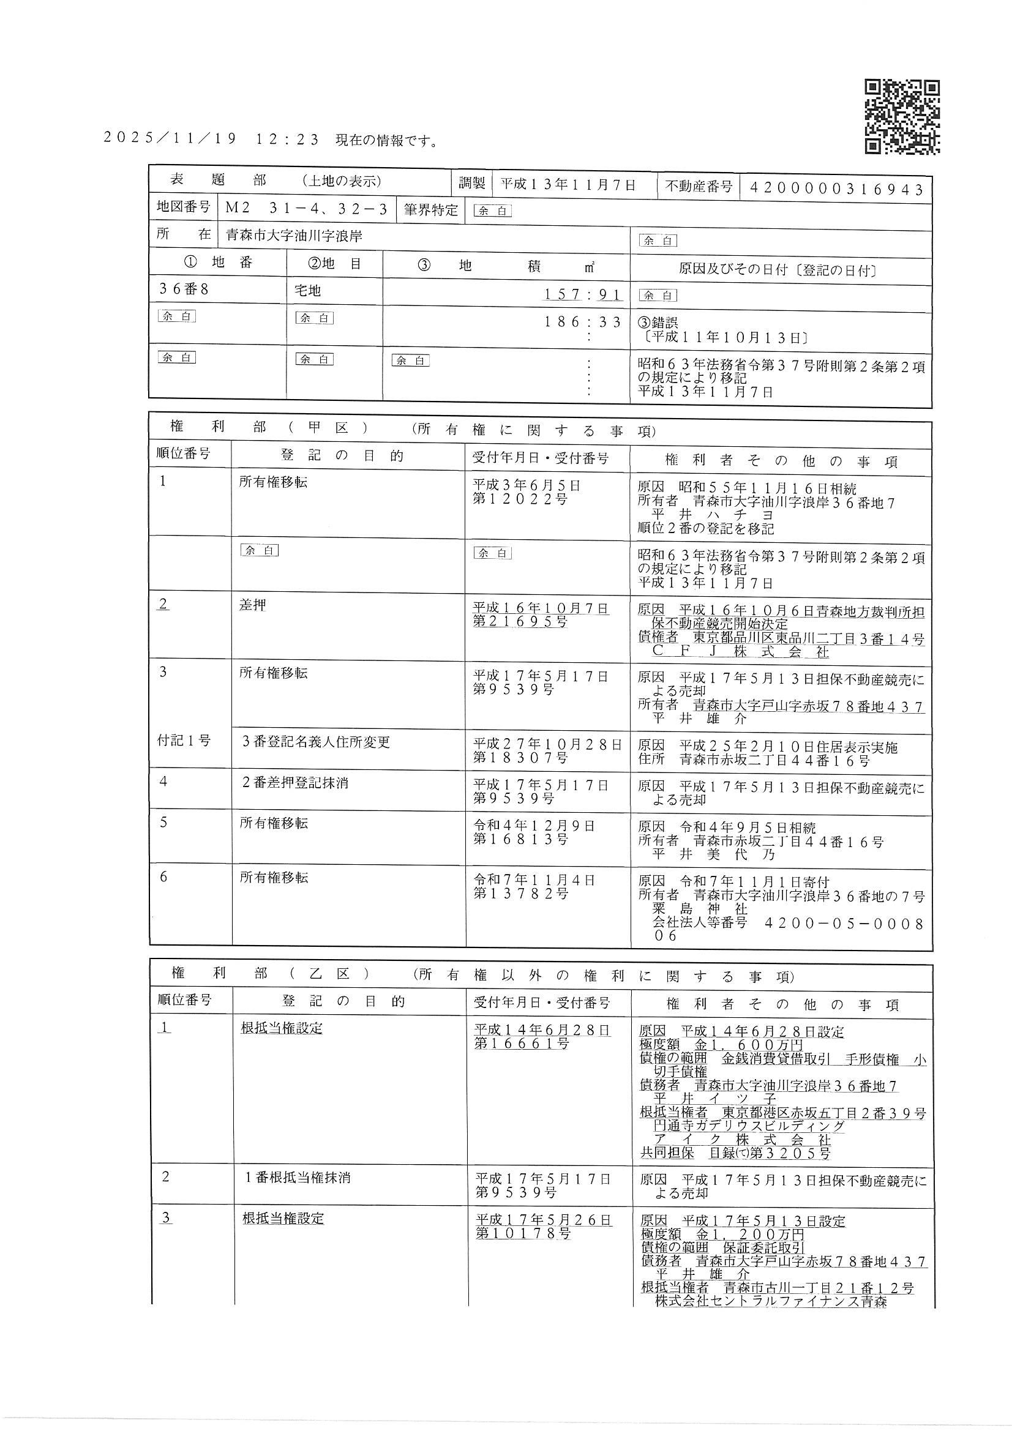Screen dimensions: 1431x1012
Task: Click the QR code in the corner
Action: tap(902, 117)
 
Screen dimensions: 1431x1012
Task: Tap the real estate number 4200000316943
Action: tap(836, 190)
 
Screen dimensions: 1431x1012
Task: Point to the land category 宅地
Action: tap(308, 291)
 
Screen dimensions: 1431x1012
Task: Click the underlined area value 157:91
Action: tap(582, 295)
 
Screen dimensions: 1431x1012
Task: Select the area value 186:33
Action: tap(583, 322)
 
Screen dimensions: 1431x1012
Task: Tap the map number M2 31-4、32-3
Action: tap(306, 208)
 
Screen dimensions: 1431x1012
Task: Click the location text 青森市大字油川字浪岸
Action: tap(294, 236)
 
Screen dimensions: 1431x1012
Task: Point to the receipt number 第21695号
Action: tap(520, 621)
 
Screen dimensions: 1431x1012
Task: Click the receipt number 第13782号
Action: tap(520, 894)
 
